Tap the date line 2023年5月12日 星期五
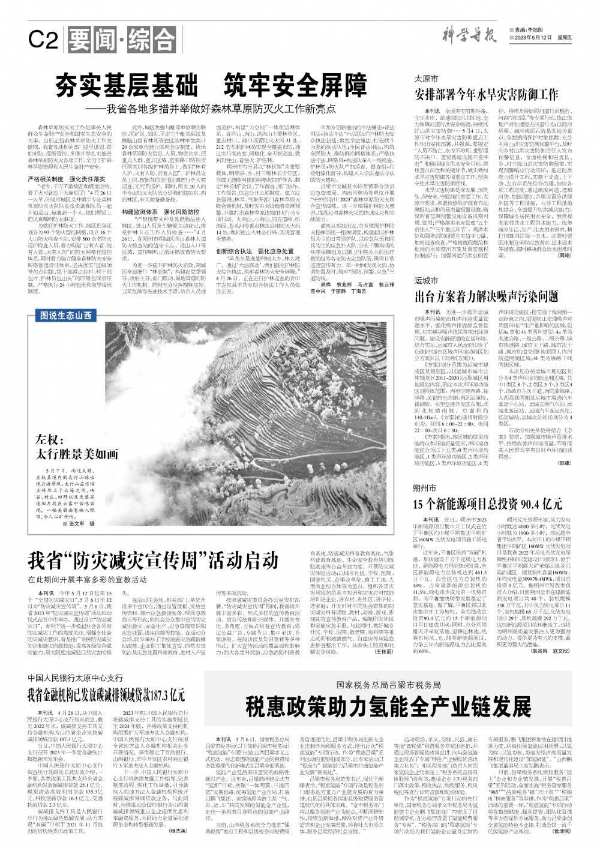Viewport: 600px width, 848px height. (x=541, y=38)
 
